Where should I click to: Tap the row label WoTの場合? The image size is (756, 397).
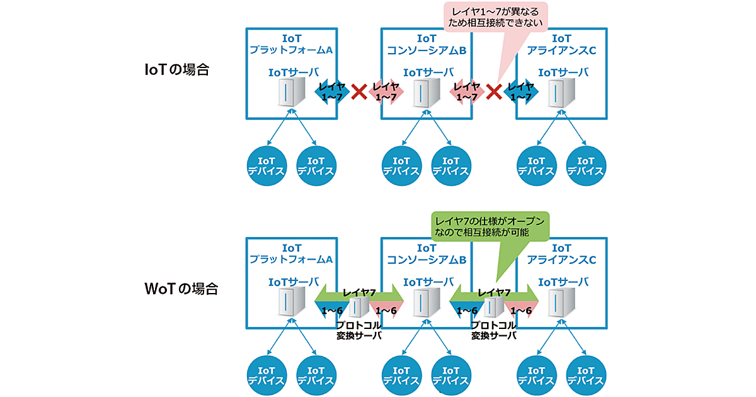click(x=181, y=289)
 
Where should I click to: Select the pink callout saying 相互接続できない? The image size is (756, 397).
click(x=495, y=17)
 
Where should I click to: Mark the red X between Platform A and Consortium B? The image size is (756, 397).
click(x=358, y=92)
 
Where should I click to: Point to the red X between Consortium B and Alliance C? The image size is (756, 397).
click(x=495, y=92)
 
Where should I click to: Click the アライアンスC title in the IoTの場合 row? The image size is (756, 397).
click(x=561, y=44)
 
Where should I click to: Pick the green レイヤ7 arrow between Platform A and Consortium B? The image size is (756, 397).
click(x=358, y=293)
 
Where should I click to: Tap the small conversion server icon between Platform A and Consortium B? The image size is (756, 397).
click(x=358, y=307)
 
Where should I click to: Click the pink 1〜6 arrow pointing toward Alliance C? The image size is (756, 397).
click(x=520, y=310)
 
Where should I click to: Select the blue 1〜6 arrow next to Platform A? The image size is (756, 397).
click(x=331, y=310)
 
